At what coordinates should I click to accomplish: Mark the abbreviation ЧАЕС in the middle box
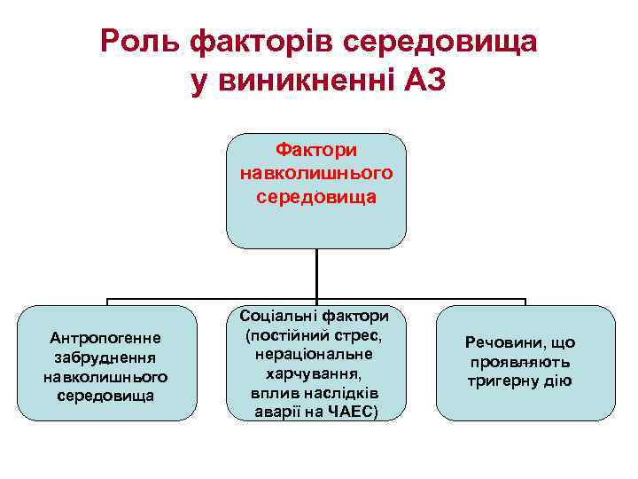click(354, 412)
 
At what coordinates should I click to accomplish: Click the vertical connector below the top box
click(316, 275)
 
